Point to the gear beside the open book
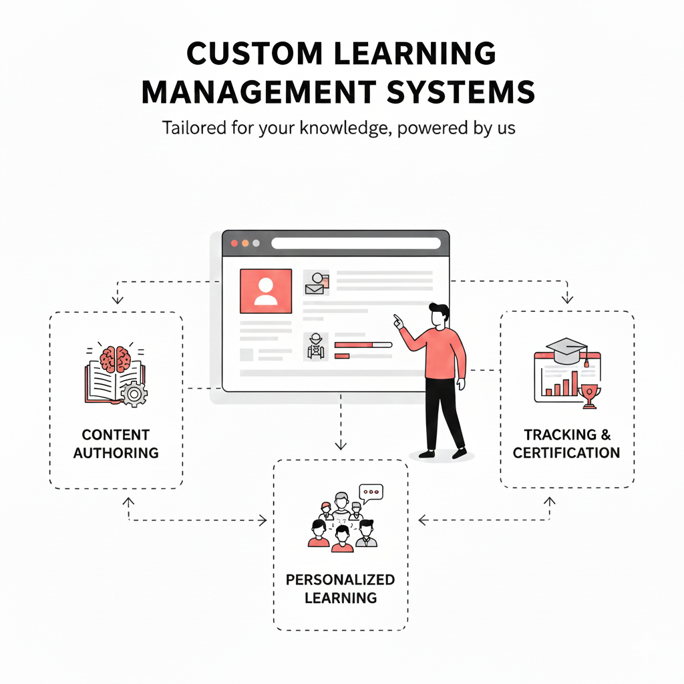(x=135, y=395)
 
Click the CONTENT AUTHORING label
(x=116, y=444)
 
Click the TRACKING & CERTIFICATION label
(x=566, y=444)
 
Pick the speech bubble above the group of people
(x=371, y=492)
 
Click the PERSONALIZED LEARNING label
(x=340, y=588)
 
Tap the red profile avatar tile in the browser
(x=265, y=291)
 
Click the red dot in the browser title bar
(x=234, y=244)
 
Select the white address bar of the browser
(x=355, y=244)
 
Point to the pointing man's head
(x=439, y=315)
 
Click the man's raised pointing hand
(x=398, y=321)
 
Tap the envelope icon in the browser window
(x=314, y=289)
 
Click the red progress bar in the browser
(x=354, y=345)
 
